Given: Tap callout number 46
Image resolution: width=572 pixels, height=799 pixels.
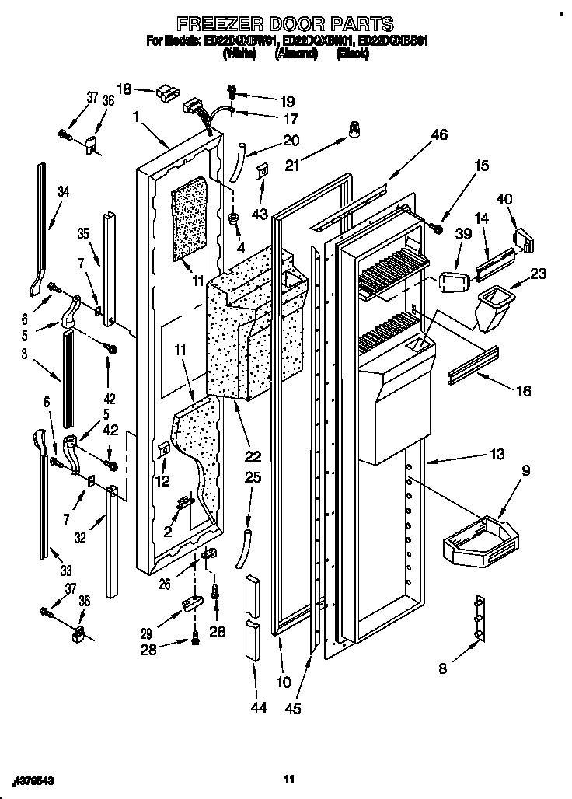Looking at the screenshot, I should click(438, 135).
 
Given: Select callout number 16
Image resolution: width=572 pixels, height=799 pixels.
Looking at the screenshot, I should click(523, 390).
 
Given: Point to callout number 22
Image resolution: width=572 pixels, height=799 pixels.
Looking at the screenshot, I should click(253, 455).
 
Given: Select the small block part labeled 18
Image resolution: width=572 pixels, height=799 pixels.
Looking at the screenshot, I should click(166, 93).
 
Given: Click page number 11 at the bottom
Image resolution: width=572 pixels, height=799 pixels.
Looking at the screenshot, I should click(288, 778).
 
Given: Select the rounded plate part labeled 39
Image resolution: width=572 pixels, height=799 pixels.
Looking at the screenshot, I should click(451, 281).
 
